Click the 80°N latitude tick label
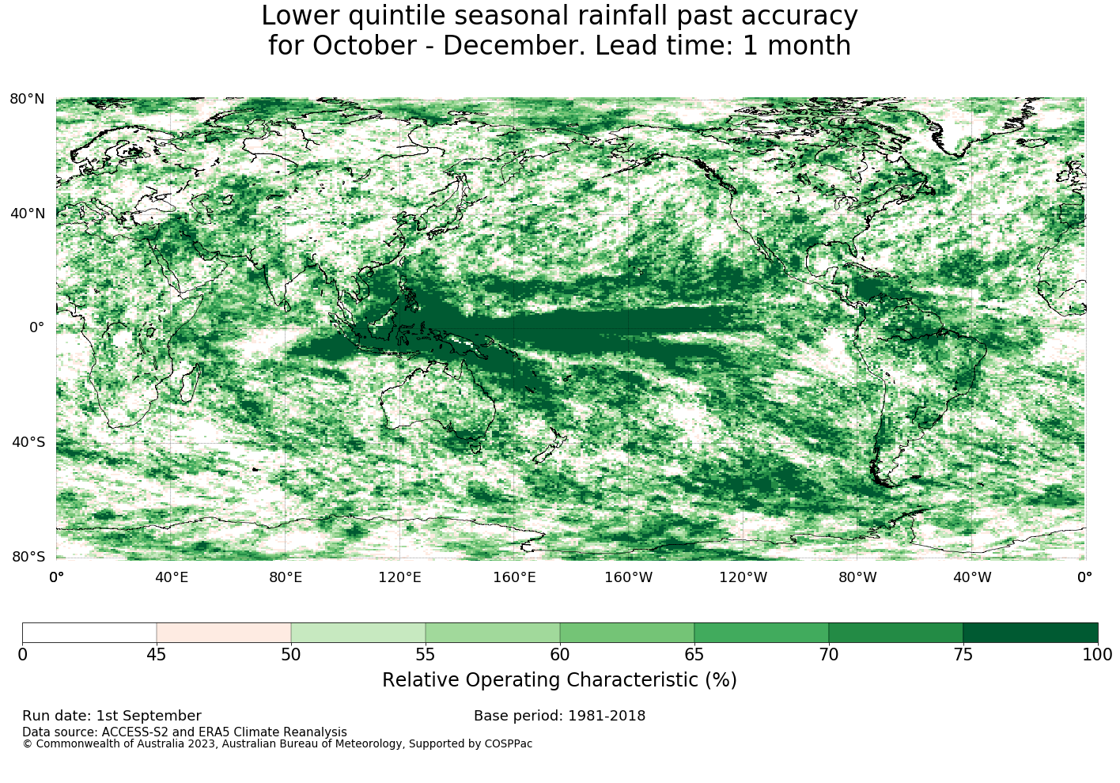pyautogui.click(x=27, y=99)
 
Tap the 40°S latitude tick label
pyautogui.click(x=28, y=442)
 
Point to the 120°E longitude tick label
pyautogui.click(x=399, y=577)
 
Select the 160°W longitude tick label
pyautogui.click(x=629, y=577)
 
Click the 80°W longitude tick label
pyautogui.click(x=857, y=577)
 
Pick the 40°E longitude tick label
pyautogui.click(x=171, y=577)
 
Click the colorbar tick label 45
pyautogui.click(x=157, y=655)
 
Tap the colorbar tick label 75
pyautogui.click(x=963, y=655)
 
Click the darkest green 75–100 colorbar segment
pyautogui.click(x=1031, y=633)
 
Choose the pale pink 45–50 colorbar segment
pyautogui.click(x=224, y=633)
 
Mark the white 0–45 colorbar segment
pyautogui.click(x=89, y=633)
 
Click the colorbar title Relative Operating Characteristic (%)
pyautogui.click(x=559, y=680)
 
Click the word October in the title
pyautogui.click(x=365, y=46)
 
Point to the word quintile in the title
pyautogui.click(x=396, y=16)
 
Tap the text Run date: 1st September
pyautogui.click(x=112, y=716)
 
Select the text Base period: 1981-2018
pyautogui.click(x=559, y=716)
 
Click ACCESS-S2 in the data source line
pyautogui.click(x=134, y=732)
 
